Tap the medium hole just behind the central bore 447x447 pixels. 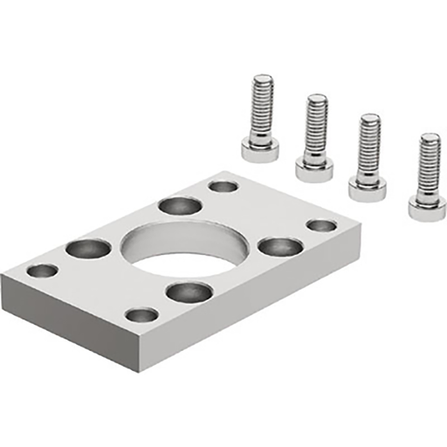180,206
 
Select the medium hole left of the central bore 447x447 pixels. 88,249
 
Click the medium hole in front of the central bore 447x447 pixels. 189,292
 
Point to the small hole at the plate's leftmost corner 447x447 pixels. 42,271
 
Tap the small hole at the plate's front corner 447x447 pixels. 141,314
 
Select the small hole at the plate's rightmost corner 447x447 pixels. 321,225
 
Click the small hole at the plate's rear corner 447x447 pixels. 223,186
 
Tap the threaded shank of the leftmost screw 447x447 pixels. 261,109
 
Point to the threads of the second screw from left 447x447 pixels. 316,127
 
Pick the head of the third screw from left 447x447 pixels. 368,186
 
